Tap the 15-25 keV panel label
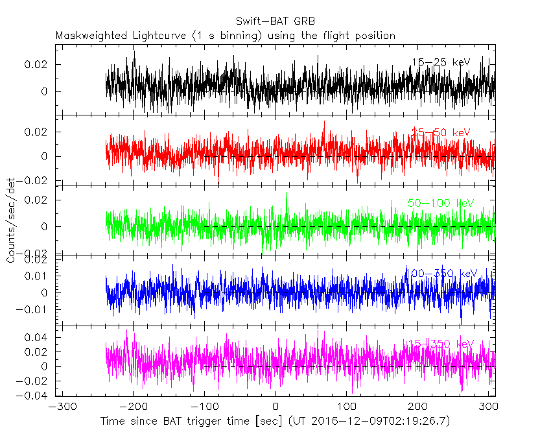[x=440, y=62]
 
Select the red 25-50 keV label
[x=440, y=133]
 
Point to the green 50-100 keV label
[x=441, y=203]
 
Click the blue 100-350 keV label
[x=441, y=273]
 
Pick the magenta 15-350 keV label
[x=441, y=343]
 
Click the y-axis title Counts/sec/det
[x=11, y=220]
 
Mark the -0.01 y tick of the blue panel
[x=37, y=309]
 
